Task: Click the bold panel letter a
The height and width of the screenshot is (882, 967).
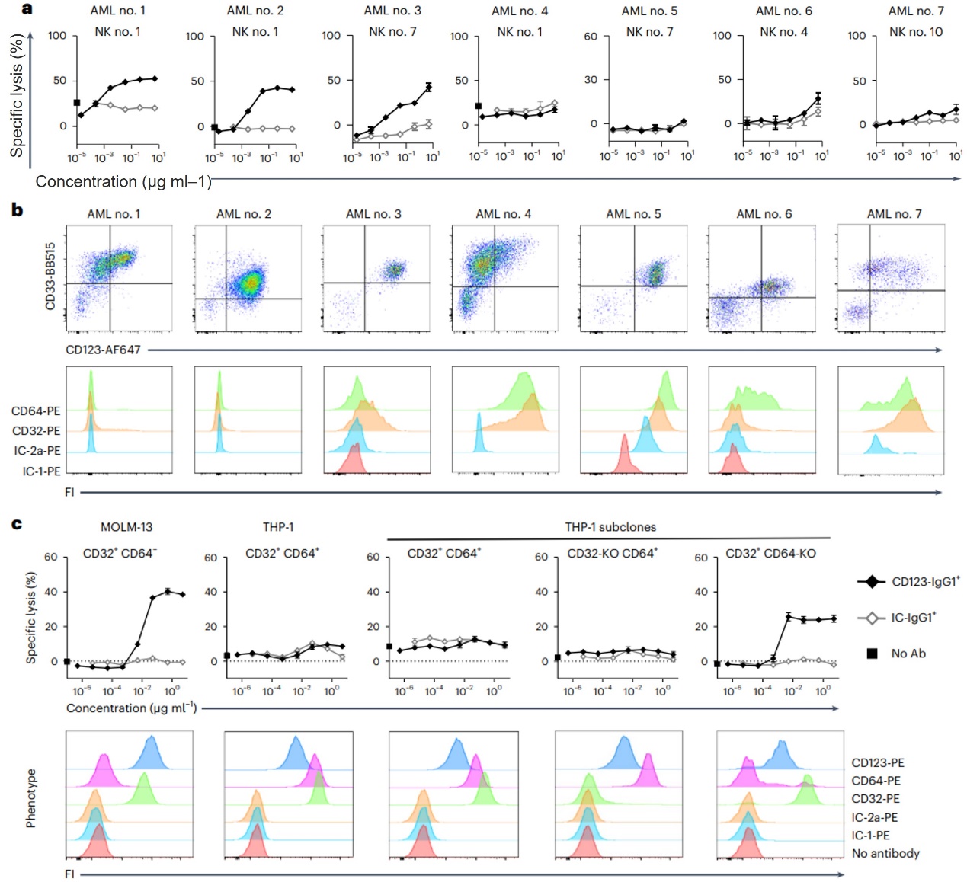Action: [x=27, y=9]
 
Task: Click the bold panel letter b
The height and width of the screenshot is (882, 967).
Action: [x=17, y=209]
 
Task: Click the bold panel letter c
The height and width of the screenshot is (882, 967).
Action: [x=17, y=524]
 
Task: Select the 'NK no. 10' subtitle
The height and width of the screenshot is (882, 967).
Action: [x=915, y=32]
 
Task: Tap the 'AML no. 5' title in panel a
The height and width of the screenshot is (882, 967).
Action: [x=649, y=11]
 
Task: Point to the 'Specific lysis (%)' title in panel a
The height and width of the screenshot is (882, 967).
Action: [x=17, y=95]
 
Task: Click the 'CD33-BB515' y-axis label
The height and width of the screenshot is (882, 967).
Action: [x=51, y=276]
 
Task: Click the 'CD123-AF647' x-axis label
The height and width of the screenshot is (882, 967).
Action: [x=103, y=350]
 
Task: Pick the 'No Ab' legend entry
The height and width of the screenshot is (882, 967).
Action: [x=908, y=654]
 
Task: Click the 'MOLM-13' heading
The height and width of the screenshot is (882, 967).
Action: [x=120, y=527]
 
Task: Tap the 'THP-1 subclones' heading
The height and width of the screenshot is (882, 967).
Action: [x=610, y=527]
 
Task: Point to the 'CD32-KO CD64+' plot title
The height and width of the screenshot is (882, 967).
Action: [x=612, y=554]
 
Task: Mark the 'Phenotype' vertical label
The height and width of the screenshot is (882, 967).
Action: [x=30, y=797]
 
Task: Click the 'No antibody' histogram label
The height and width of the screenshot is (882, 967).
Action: [x=885, y=854]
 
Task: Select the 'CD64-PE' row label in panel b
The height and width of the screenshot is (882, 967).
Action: [x=36, y=411]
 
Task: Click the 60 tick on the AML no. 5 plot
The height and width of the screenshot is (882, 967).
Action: [x=591, y=36]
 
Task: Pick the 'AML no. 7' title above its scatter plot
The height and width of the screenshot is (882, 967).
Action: [x=894, y=214]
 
